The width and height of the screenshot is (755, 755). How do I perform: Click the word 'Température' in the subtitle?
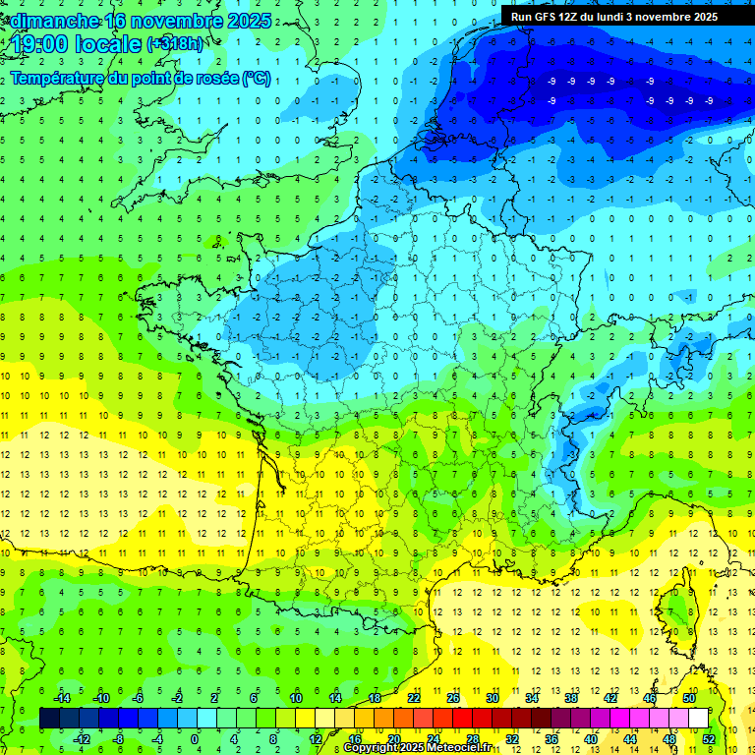57,79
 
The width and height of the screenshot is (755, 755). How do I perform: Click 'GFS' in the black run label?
549,17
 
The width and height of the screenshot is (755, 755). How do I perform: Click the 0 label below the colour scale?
195,739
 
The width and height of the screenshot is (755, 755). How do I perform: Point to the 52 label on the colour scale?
708,739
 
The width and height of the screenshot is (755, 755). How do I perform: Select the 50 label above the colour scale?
689,698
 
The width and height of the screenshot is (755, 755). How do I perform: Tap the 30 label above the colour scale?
492,698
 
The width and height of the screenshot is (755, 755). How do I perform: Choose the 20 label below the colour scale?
393,739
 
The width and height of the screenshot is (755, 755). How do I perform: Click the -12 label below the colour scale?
83,739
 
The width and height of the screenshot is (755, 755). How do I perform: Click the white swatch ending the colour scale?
698,719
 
